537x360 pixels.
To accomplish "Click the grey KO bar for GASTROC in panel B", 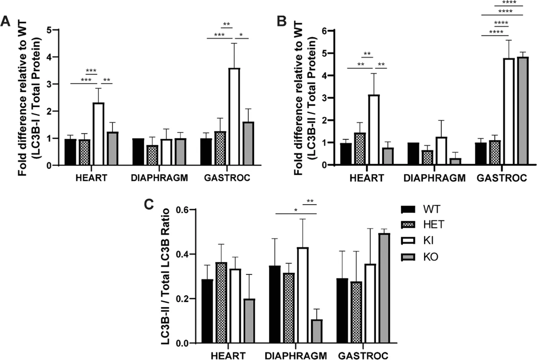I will pyautogui.click(x=523, y=111).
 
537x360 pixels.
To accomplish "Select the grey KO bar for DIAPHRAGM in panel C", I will pyautogui.click(x=316, y=331).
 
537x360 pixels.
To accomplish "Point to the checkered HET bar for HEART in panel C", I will pyautogui.click(x=221, y=303).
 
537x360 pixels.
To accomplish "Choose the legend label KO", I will pyautogui.click(x=431, y=256).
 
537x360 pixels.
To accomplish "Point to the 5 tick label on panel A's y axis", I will pyautogui.click(x=51, y=30).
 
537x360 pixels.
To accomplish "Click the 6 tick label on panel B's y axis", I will pyautogui.click(x=325, y=31).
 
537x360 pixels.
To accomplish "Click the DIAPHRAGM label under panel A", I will pyautogui.click(x=159, y=178).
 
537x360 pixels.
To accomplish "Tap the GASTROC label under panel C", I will pyautogui.click(x=363, y=356).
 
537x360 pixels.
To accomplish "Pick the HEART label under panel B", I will pyautogui.click(x=367, y=178).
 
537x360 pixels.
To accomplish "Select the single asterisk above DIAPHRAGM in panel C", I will pyautogui.click(x=296, y=210).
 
